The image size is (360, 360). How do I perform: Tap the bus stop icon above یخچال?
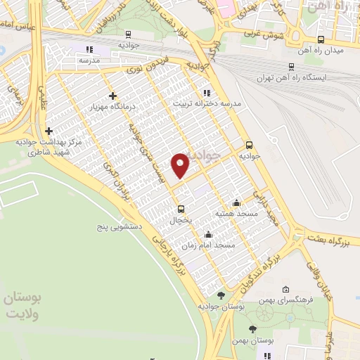(x=181, y=208)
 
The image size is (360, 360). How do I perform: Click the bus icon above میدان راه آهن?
(x=321, y=39)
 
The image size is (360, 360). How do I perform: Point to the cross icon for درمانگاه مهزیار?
(x=112, y=96)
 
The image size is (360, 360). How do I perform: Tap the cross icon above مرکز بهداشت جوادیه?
(x=49, y=131)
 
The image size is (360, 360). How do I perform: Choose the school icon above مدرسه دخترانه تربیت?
(x=206, y=92)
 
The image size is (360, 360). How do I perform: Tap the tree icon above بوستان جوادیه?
(x=221, y=295)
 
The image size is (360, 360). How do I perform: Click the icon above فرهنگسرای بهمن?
(x=285, y=289)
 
